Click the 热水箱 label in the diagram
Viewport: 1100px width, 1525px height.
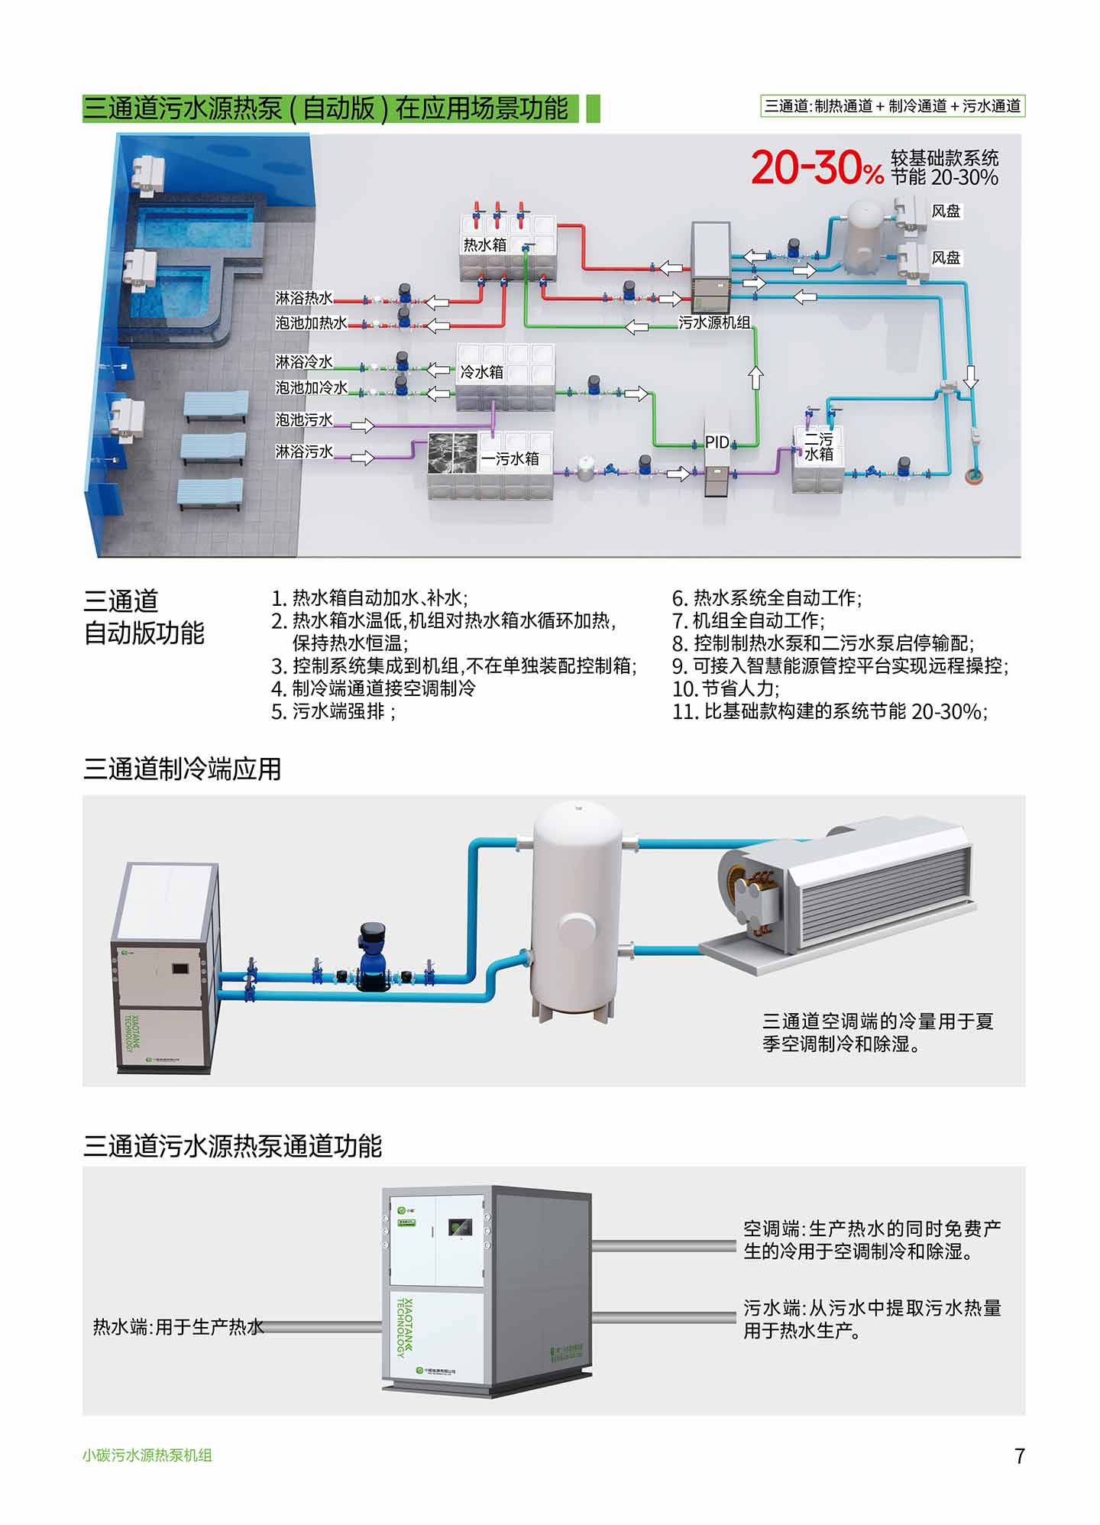(x=484, y=245)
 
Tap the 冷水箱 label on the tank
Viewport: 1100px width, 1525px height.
(x=481, y=372)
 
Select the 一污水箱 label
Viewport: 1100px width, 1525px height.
(x=510, y=458)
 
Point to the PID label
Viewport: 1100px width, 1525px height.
(x=717, y=442)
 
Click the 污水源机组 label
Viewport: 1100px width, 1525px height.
(x=714, y=322)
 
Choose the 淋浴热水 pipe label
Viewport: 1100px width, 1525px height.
(x=304, y=298)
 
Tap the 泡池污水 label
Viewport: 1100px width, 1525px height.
(x=304, y=420)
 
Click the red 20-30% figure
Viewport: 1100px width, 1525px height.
(x=817, y=167)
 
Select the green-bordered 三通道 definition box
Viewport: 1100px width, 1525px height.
(x=892, y=106)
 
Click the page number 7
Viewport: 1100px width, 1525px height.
(x=1019, y=1456)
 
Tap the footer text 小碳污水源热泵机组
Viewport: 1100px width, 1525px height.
(x=147, y=1455)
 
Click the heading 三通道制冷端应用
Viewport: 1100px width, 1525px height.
(x=182, y=769)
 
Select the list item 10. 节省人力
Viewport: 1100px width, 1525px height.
(x=725, y=689)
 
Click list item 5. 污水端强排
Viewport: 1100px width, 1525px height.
(x=333, y=712)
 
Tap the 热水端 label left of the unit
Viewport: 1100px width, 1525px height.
(x=178, y=1326)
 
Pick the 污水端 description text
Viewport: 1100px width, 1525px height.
(x=872, y=1319)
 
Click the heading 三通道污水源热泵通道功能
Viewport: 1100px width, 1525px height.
(x=232, y=1146)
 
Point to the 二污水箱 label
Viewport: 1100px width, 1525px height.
(x=818, y=447)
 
